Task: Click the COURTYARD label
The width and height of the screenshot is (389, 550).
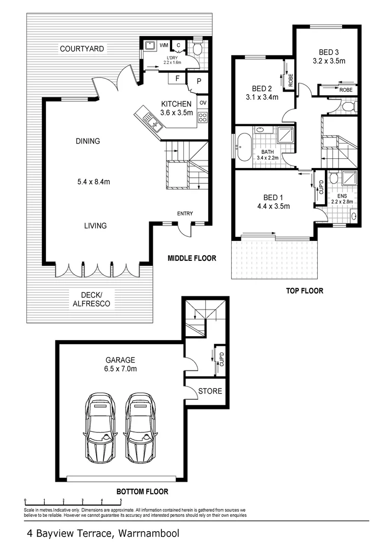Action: tap(82, 49)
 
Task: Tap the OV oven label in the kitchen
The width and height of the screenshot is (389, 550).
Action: tap(203, 103)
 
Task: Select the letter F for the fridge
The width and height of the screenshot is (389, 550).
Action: tap(177, 78)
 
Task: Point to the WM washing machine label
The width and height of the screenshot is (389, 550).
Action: tap(164, 46)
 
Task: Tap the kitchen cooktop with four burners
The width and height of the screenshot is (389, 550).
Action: tap(202, 117)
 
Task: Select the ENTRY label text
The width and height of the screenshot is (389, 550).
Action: tap(185, 213)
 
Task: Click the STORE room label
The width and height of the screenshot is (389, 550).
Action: tap(210, 391)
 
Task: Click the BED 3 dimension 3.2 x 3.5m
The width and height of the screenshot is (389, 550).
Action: tap(329, 61)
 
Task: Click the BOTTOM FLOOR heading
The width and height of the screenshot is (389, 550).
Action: tap(142, 492)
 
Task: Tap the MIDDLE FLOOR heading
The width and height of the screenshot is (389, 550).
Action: tap(192, 259)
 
